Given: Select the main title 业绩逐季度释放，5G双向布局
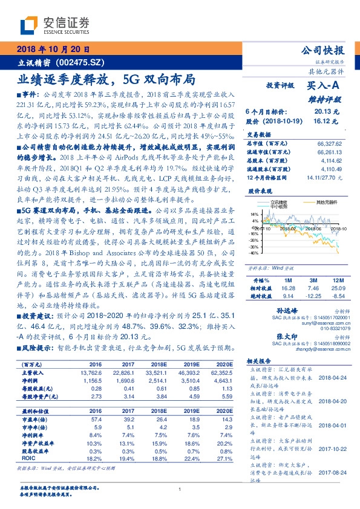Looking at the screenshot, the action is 106,79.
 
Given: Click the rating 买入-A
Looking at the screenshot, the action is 324,86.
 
